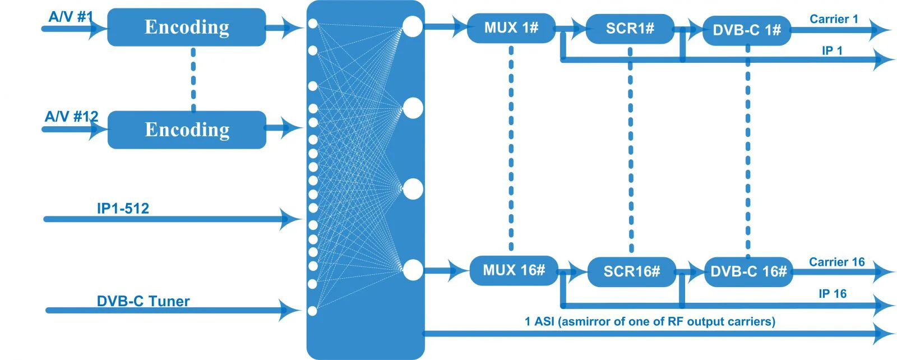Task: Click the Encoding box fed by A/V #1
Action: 187,27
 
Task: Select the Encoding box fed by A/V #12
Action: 187,130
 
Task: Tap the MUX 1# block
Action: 511,28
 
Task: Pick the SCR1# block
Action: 630,29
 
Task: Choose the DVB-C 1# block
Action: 747,30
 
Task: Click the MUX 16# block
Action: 514,271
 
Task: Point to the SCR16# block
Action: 632,272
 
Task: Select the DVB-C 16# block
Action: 748,272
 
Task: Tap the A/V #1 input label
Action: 71,17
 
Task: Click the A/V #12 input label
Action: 71,117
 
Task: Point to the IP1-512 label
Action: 123,208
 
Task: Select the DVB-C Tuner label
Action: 143,301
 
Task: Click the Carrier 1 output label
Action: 834,19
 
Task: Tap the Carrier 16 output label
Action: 837,262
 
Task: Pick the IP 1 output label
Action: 832,50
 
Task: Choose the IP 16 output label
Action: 833,293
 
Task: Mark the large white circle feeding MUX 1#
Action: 413,26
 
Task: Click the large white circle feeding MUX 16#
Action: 413,270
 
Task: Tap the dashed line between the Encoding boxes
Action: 193,79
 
